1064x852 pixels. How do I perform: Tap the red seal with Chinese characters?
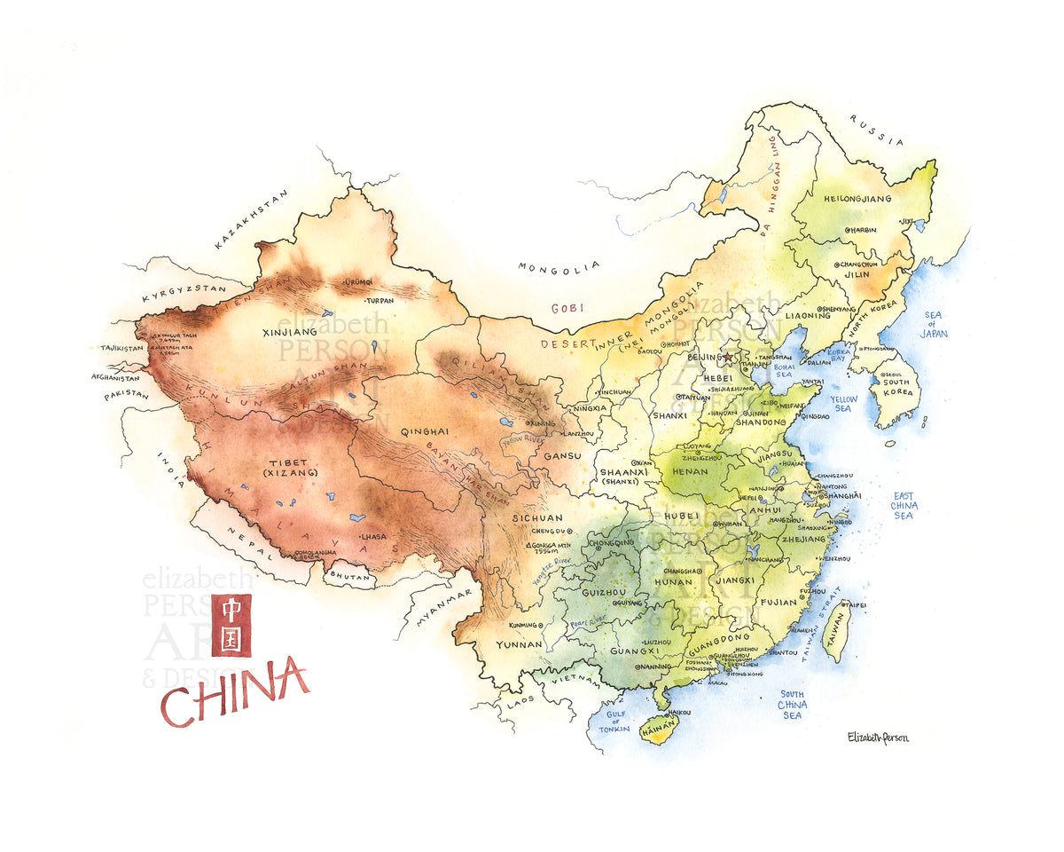pyautogui.click(x=231, y=625)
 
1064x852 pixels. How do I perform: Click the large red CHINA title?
pyautogui.click(x=234, y=692)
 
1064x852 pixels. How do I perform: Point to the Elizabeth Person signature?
pyautogui.click(x=878, y=737)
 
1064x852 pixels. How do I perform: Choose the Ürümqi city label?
pyautogui.click(x=352, y=282)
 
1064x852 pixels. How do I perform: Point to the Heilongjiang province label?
pyautogui.click(x=857, y=199)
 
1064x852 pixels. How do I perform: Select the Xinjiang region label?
pyautogui.click(x=289, y=333)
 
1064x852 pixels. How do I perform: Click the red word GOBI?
pyautogui.click(x=567, y=308)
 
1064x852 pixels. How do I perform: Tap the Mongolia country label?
pyautogui.click(x=559, y=268)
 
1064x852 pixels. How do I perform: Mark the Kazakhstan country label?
pyautogui.click(x=252, y=219)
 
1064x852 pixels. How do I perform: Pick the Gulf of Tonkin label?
pyautogui.click(x=614, y=721)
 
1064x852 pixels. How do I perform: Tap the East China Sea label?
pyautogui.click(x=904, y=506)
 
